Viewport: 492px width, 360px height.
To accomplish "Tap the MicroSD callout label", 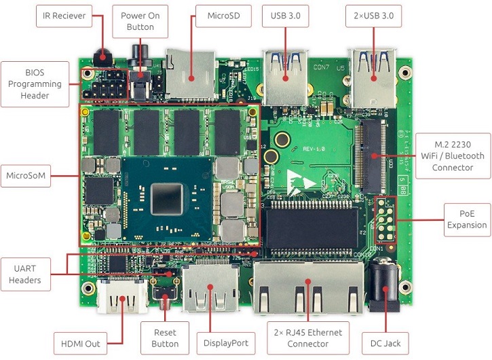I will click(x=223, y=16).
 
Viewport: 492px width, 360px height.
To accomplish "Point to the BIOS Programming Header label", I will click(x=35, y=84).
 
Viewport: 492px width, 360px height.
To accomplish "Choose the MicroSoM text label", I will click(x=25, y=176).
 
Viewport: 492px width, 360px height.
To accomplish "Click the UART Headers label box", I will click(x=25, y=274).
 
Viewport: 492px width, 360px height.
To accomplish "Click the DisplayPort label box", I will click(x=225, y=343).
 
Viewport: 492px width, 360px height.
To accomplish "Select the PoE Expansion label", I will click(x=467, y=219).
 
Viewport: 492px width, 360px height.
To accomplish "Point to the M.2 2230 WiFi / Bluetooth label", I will click(x=453, y=156).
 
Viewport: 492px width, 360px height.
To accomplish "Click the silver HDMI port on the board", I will click(x=123, y=300).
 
